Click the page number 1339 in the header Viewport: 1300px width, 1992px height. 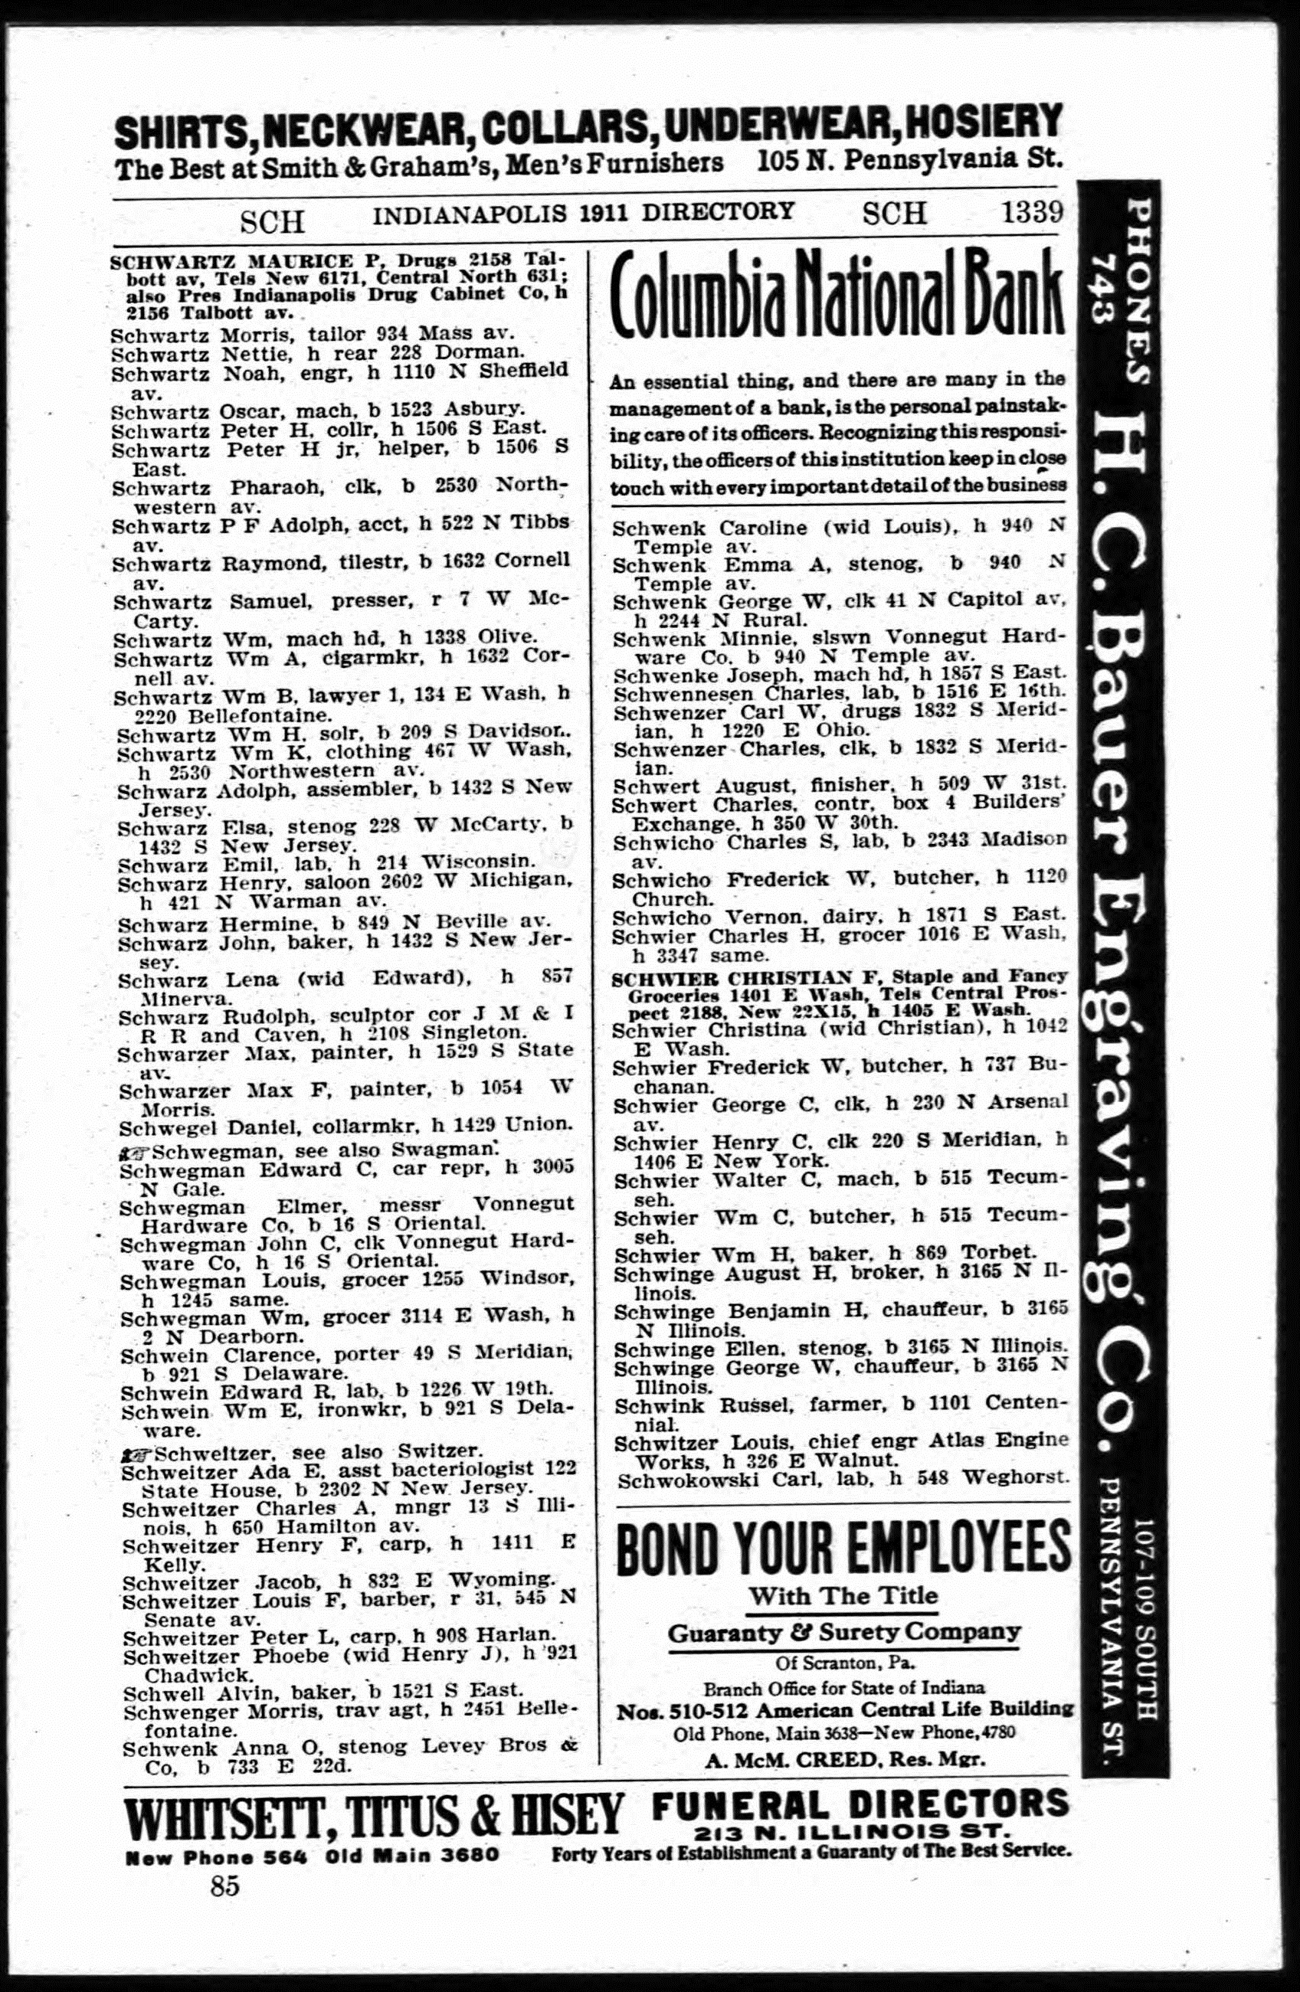pyautogui.click(x=1032, y=214)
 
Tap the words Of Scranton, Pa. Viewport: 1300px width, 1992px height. pyautogui.click(x=843, y=1660)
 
